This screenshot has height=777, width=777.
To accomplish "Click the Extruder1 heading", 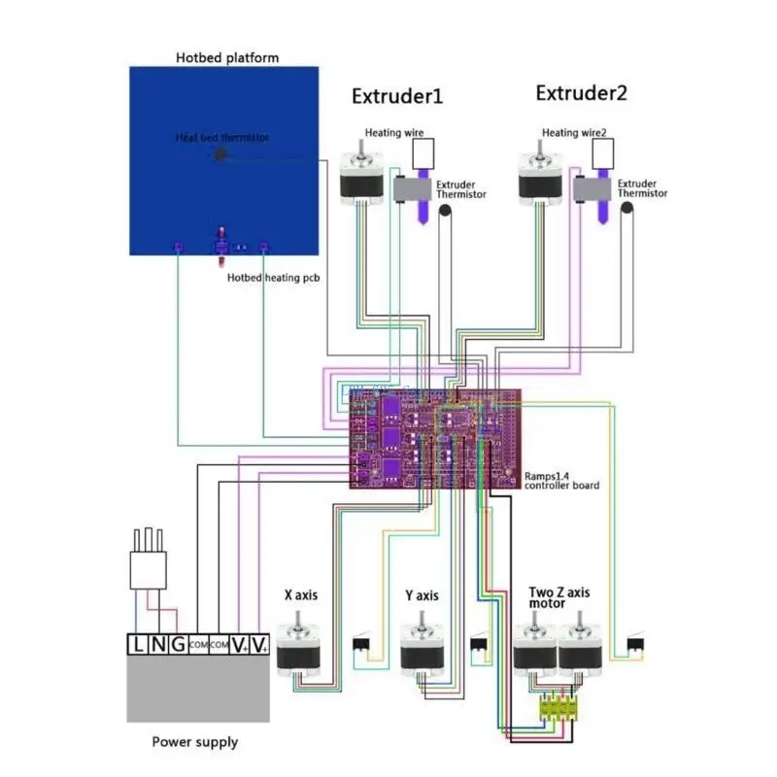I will tap(396, 96).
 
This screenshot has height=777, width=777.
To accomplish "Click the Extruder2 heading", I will tap(581, 93).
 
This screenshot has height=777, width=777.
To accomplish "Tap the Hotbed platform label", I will tap(226, 57).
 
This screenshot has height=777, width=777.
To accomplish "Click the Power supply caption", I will tap(194, 742).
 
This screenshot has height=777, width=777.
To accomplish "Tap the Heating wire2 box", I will tap(602, 152).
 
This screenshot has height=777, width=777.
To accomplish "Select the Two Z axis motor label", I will tap(559, 596).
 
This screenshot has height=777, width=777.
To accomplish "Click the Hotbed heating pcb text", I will tap(273, 278).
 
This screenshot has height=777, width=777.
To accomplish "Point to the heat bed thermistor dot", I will tap(220, 153).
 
